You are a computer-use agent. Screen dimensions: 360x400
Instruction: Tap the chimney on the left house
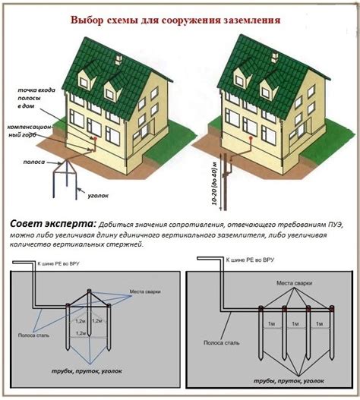(x=119, y=59)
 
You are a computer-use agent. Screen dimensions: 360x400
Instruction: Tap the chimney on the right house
(x=274, y=57)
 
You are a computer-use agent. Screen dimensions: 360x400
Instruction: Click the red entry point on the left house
(x=95, y=138)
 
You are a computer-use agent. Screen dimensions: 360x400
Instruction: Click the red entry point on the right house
(x=251, y=137)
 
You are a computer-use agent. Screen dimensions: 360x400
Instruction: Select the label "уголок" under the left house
(x=98, y=196)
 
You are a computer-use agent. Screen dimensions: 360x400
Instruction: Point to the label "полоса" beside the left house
(x=34, y=162)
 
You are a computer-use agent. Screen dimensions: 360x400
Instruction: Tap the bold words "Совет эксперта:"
(x=53, y=224)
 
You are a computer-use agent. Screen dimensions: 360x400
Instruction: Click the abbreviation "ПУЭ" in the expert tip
(x=336, y=225)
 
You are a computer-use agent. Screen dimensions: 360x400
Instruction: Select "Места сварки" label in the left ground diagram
(x=145, y=291)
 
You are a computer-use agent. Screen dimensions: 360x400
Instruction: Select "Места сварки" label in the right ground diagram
(x=295, y=283)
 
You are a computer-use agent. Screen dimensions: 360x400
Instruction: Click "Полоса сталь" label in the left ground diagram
(x=33, y=335)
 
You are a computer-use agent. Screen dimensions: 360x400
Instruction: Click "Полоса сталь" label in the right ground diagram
(x=221, y=343)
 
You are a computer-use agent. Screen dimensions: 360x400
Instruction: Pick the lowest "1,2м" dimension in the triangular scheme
(x=81, y=333)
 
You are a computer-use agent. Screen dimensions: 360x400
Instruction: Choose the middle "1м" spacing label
(x=295, y=324)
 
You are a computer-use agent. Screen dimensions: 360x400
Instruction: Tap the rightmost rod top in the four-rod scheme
(x=332, y=307)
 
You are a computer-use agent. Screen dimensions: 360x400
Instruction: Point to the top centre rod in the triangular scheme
(x=89, y=291)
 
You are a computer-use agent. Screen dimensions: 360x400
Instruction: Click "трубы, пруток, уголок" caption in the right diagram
(x=289, y=380)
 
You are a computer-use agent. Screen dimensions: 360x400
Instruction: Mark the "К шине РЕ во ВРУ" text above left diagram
(x=58, y=264)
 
